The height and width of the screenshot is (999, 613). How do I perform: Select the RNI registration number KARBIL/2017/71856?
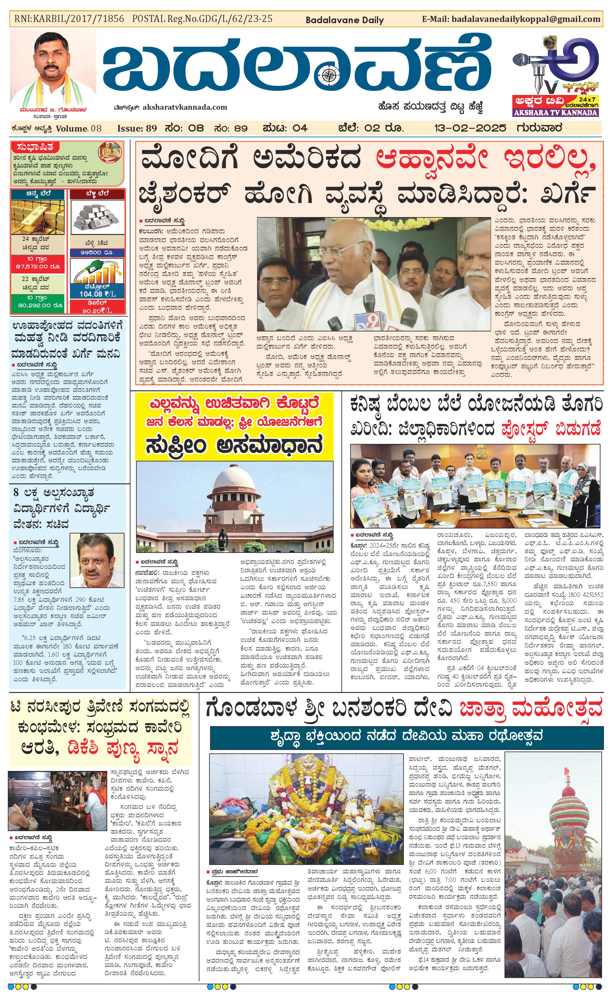pos(69,19)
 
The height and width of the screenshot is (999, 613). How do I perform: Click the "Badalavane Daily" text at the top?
pos(344,20)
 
